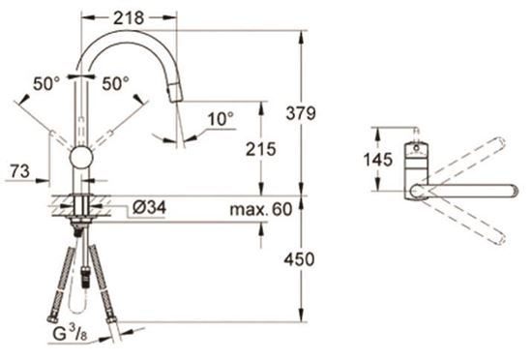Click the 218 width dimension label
coord(129,17)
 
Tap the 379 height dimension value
coord(301,113)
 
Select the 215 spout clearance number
coord(260,149)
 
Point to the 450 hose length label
coord(299,259)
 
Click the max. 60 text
coord(260,209)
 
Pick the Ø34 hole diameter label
coord(149,207)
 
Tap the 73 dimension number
coord(19,171)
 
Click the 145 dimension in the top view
coord(377,159)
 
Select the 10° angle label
coord(221,119)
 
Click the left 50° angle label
coord(46,83)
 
